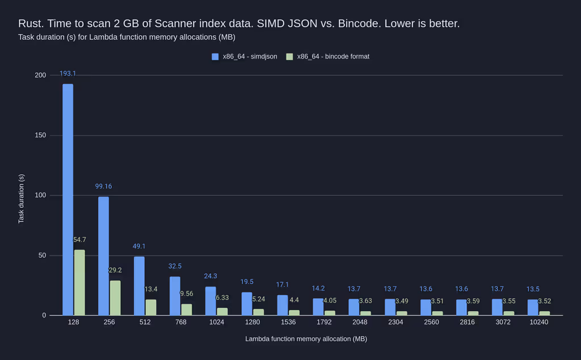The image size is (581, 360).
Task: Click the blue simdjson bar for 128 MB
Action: pyautogui.click(x=68, y=199)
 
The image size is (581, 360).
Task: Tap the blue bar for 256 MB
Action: pyautogui.click(x=103, y=256)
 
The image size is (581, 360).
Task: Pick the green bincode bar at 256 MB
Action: pyautogui.click(x=115, y=298)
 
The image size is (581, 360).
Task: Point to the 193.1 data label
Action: pyautogui.click(x=68, y=74)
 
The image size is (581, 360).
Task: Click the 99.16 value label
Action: pyautogui.click(x=103, y=186)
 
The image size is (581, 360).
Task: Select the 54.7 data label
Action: pyautogui.click(x=79, y=240)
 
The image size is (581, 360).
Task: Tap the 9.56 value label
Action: pyautogui.click(x=187, y=294)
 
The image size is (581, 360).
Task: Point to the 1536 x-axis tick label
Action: pyautogui.click(x=288, y=322)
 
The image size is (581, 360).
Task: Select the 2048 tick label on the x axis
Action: pyautogui.click(x=359, y=322)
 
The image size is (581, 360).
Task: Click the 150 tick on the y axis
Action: pyautogui.click(x=40, y=135)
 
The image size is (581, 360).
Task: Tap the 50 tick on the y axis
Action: pyautogui.click(x=42, y=256)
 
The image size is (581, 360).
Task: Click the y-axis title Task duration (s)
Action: pyautogui.click(x=21, y=198)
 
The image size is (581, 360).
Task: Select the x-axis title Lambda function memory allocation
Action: pyautogui.click(x=306, y=339)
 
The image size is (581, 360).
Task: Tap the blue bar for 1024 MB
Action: pyautogui.click(x=210, y=301)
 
